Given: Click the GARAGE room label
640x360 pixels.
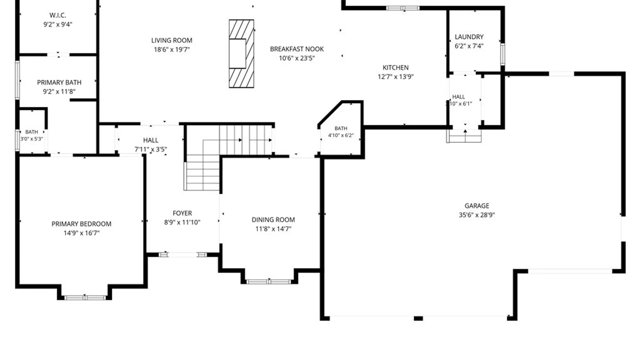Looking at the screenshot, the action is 477,206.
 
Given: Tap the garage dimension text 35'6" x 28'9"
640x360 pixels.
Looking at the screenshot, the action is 477,215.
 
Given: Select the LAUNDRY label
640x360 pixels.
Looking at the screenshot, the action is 469,37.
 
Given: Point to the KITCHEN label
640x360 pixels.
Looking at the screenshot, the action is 395,68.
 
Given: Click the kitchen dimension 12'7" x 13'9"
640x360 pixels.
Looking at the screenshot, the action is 395,77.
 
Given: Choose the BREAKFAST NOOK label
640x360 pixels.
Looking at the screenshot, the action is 297,49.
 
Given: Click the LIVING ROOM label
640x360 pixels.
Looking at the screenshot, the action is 172,40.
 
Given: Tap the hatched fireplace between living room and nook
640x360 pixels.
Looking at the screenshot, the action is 241,54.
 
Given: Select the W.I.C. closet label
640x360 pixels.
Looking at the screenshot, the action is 58,15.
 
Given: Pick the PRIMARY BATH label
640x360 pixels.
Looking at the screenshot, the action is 59,82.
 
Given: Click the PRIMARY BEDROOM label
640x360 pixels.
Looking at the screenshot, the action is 81,224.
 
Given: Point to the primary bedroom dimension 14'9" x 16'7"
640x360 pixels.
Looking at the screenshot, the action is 81,233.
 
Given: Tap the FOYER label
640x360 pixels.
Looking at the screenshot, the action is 182,213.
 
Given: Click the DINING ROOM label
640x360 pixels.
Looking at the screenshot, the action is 273,220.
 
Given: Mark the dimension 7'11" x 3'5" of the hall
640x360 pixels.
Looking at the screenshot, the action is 151,149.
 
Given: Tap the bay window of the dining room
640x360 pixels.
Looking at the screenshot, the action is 269,282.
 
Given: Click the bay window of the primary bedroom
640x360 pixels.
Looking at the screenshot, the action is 85,297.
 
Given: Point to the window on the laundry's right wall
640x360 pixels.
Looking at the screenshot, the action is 503,54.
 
